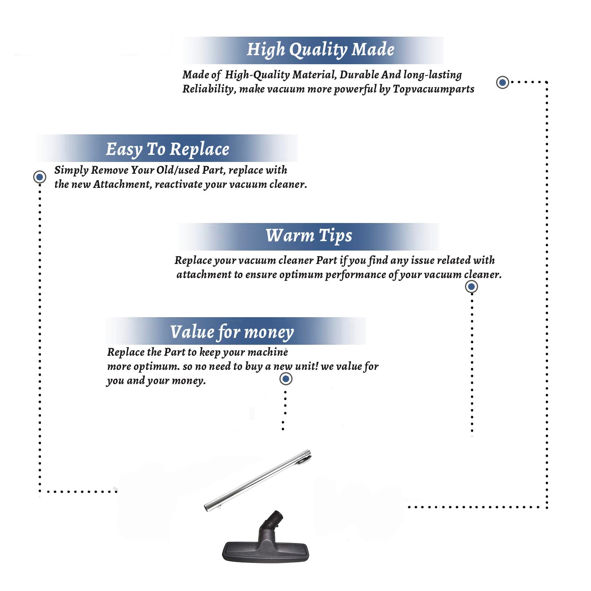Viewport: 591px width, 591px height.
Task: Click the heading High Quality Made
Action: (320, 50)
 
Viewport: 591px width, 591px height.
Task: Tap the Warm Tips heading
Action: (309, 236)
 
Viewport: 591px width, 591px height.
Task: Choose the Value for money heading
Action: (232, 332)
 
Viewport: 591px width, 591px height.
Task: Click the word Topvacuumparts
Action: (433, 89)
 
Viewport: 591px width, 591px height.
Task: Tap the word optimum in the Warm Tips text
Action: (301, 275)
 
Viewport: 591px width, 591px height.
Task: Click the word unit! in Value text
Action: (307, 366)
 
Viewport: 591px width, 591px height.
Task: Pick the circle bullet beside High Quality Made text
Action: (502, 82)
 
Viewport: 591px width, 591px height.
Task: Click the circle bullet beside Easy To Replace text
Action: (39, 177)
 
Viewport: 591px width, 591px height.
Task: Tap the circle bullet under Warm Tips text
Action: (471, 286)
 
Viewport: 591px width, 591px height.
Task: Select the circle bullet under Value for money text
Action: (286, 379)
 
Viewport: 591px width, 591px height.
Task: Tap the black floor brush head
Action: (266, 550)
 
